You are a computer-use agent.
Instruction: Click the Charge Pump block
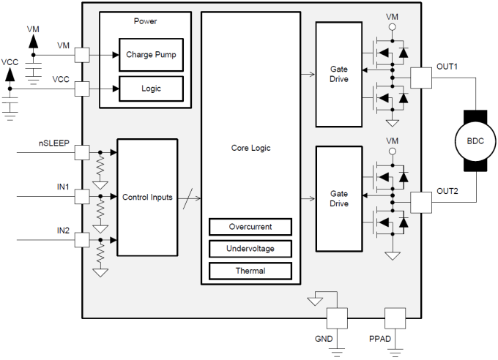click(x=150, y=55)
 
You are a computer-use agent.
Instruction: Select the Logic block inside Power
click(x=150, y=89)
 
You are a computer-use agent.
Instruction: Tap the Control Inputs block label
click(x=147, y=197)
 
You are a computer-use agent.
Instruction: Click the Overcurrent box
click(x=250, y=227)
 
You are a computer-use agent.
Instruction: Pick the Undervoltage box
click(x=250, y=249)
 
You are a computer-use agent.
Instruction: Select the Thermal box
click(x=250, y=271)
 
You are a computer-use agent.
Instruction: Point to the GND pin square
click(x=336, y=318)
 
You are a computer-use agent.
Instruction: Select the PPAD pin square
click(x=395, y=318)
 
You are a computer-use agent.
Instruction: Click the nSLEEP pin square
click(x=82, y=152)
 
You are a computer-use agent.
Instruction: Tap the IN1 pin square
click(x=82, y=197)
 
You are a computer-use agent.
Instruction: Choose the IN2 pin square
click(x=82, y=239)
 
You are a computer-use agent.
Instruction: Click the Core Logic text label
click(x=250, y=148)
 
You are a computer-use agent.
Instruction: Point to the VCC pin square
click(x=82, y=89)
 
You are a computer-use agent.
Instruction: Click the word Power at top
click(x=145, y=20)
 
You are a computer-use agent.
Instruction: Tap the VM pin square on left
click(x=82, y=55)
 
